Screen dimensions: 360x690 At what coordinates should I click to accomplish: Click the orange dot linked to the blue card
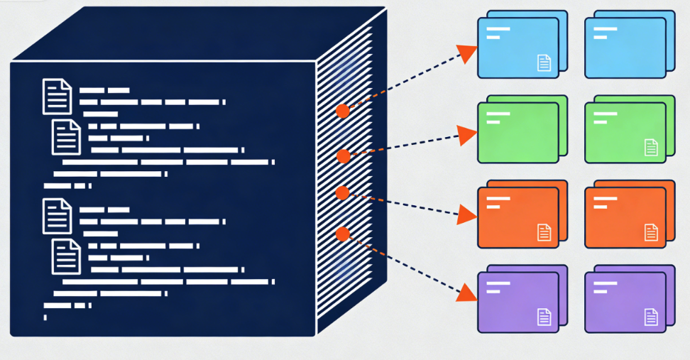point(343,111)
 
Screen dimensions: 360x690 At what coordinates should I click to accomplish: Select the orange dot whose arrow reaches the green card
point(343,156)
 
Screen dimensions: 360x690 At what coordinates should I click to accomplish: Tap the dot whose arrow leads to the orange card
point(341,192)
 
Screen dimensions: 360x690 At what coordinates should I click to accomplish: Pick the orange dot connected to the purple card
point(342,233)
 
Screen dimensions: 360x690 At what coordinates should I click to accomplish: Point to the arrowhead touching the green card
point(466,134)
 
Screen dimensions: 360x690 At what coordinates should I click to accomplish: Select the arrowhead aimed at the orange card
point(466,213)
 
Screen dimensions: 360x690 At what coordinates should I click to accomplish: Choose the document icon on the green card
point(651,148)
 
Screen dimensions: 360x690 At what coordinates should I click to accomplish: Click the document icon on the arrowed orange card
point(544,232)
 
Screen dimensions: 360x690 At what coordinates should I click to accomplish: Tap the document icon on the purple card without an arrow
point(651,317)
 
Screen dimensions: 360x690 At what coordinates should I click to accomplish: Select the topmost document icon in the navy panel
point(57,97)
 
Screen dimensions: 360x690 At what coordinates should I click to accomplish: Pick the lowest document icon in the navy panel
point(66,256)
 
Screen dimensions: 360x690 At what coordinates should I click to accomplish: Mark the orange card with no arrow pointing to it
point(625,217)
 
